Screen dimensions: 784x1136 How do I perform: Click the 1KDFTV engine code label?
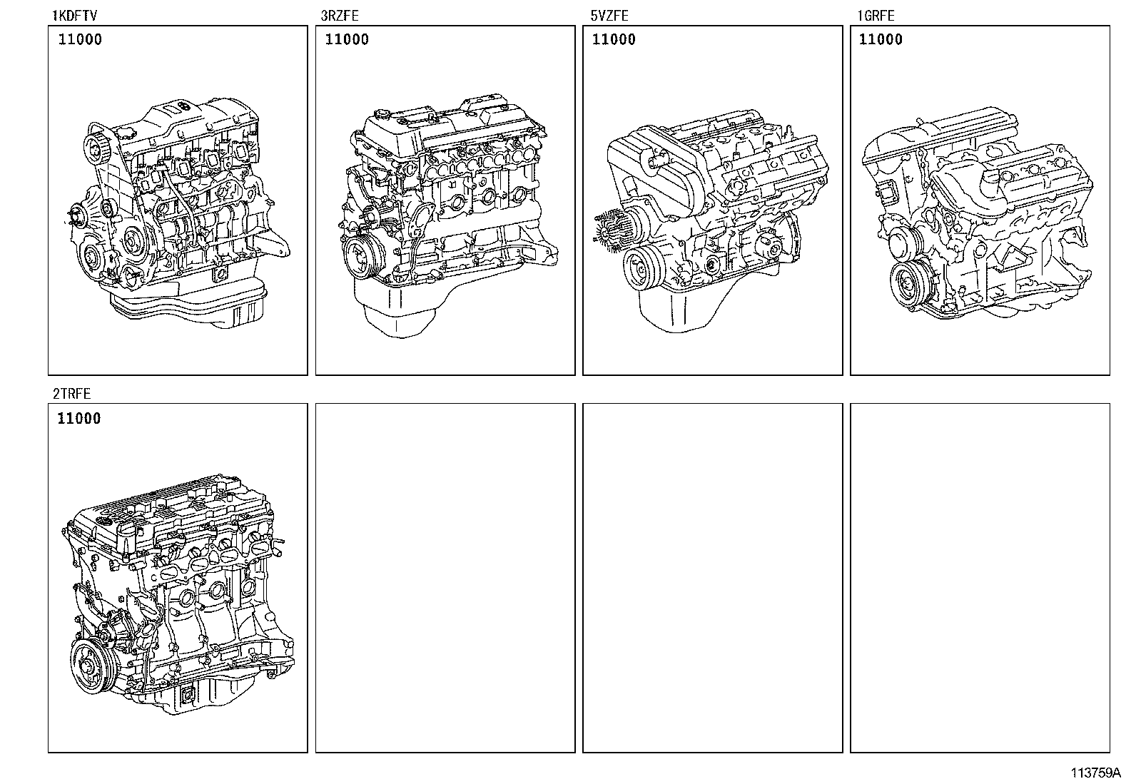point(73,15)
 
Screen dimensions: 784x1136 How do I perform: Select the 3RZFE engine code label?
point(340,15)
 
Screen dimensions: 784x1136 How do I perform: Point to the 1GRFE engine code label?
point(875,15)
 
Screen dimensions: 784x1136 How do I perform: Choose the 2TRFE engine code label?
point(71,393)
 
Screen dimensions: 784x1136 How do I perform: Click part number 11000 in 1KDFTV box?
point(79,40)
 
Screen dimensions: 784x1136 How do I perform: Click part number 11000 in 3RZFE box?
point(347,40)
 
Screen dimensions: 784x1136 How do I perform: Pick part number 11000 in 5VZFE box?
point(614,40)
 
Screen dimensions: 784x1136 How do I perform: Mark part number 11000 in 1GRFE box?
point(881,40)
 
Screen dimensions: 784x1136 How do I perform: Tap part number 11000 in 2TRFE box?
point(79,419)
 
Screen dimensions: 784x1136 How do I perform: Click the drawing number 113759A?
point(1095,773)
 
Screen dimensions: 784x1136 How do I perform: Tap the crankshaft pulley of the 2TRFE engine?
point(93,666)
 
